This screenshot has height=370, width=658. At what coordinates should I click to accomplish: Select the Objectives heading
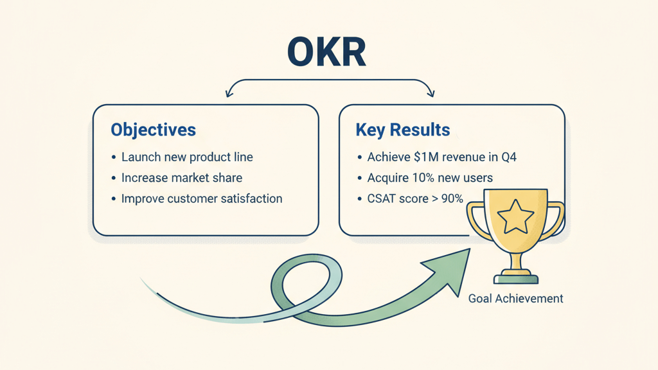153,130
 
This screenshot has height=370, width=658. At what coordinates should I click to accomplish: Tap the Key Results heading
403,130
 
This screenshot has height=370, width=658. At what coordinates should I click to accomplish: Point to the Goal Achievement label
515,299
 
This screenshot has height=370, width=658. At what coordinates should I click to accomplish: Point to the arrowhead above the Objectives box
228,94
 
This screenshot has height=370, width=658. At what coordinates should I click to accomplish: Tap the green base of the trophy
516,278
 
